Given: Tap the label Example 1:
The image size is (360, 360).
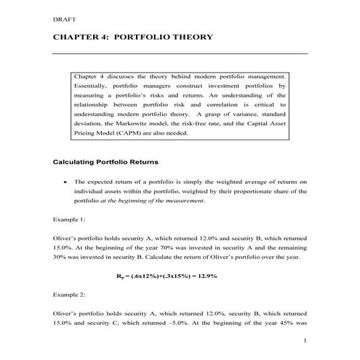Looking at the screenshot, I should (x=69, y=218).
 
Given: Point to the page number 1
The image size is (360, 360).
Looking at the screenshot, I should (x=305, y=340).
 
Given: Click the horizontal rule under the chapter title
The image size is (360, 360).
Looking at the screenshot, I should (x=180, y=53).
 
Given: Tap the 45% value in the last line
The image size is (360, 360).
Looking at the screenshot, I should (x=285, y=324).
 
